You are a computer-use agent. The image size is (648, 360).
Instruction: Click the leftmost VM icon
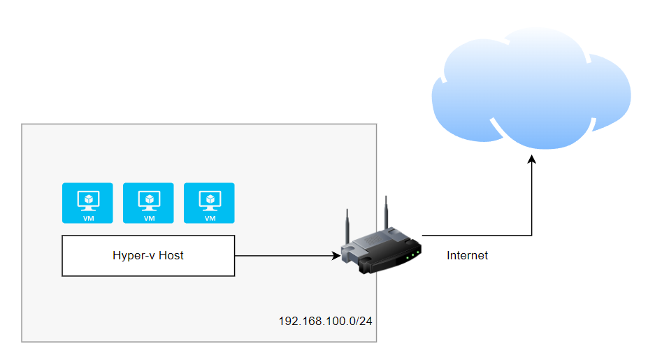click(x=87, y=203)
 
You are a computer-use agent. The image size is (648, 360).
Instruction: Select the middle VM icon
click(x=148, y=203)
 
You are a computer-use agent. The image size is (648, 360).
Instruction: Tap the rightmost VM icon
click(x=209, y=203)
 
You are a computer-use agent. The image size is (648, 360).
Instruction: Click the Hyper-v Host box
click(x=148, y=256)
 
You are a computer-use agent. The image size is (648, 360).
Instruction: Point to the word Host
click(x=171, y=256)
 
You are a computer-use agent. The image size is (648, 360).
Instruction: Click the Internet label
click(x=467, y=256)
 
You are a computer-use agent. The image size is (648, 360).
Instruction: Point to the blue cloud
click(x=531, y=87)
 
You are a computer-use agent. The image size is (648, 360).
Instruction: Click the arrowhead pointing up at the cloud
click(x=531, y=160)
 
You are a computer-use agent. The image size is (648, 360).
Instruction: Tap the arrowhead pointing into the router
click(x=336, y=256)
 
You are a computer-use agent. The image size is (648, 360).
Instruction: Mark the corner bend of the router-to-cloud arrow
click(x=531, y=236)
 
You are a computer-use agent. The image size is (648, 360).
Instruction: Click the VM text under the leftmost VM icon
click(x=88, y=218)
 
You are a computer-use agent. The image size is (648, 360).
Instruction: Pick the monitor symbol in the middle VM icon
click(x=149, y=199)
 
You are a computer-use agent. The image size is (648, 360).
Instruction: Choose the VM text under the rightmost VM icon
click(x=210, y=218)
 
